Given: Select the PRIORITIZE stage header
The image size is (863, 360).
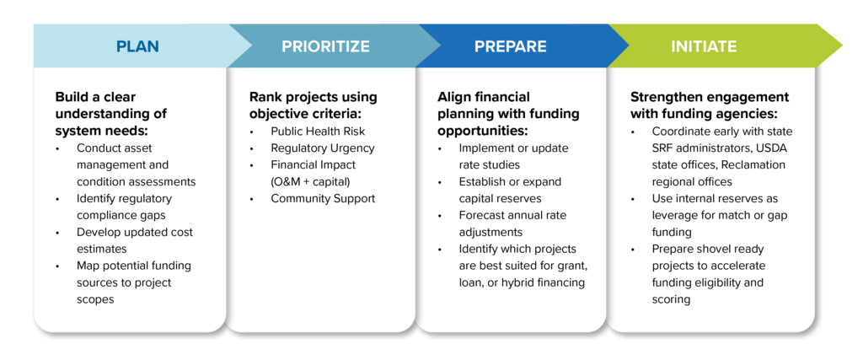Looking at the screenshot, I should [325, 46].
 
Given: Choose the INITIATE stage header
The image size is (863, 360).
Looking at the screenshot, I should [704, 46].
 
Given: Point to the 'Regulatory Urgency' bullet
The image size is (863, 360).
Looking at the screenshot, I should [322, 148].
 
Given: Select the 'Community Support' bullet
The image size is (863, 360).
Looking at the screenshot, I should [322, 198].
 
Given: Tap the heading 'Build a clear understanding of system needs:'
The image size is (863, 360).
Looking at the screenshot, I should [111, 114].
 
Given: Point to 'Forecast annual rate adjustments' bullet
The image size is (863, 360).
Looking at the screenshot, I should [512, 223].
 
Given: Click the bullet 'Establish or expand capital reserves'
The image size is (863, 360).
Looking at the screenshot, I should [510, 190].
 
